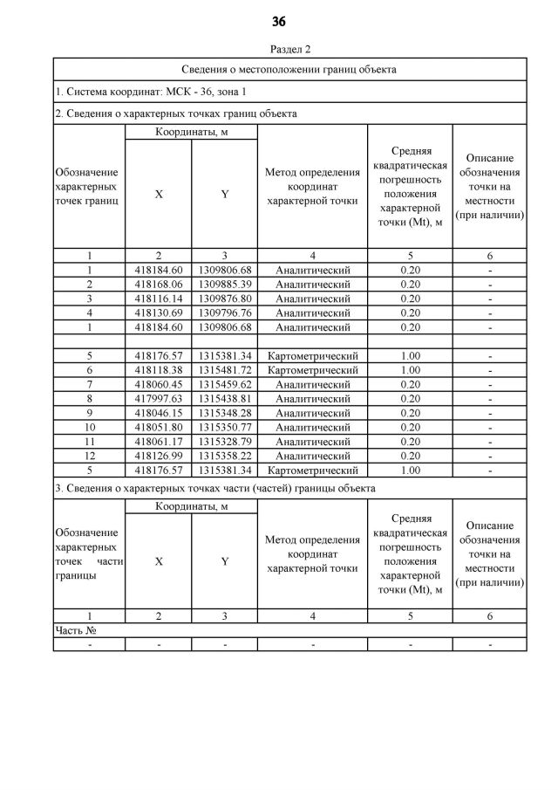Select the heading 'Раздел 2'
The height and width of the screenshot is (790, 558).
pyautogui.click(x=290, y=49)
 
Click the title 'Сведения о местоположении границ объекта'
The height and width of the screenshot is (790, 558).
pyautogui.click(x=289, y=69)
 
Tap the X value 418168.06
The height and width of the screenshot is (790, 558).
pyautogui.click(x=159, y=285)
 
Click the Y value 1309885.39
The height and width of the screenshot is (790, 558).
pyautogui.click(x=224, y=285)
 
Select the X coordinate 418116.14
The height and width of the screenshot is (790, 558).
pyautogui.click(x=159, y=299)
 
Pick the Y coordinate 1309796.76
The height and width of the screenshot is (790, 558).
pyautogui.click(x=224, y=313)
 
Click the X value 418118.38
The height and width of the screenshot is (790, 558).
pyautogui.click(x=159, y=370)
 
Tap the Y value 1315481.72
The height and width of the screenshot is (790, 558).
pyautogui.click(x=224, y=370)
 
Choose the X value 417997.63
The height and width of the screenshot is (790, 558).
pyautogui.click(x=159, y=399)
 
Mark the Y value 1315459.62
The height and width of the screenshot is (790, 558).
pyautogui.click(x=224, y=385)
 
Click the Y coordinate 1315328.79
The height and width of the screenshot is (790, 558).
pyautogui.click(x=224, y=442)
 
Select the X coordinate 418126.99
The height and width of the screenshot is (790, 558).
pyautogui.click(x=159, y=457)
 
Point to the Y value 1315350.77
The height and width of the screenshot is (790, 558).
pyautogui.click(x=224, y=428)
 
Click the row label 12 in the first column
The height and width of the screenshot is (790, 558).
pyautogui.click(x=89, y=457)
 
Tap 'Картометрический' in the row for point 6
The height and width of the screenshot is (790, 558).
pyautogui.click(x=313, y=370)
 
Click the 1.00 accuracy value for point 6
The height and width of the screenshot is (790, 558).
pyautogui.click(x=411, y=370)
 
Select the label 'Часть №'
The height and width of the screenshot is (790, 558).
pyautogui.click(x=75, y=629)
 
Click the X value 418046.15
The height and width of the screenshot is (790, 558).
pyautogui.click(x=159, y=413)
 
